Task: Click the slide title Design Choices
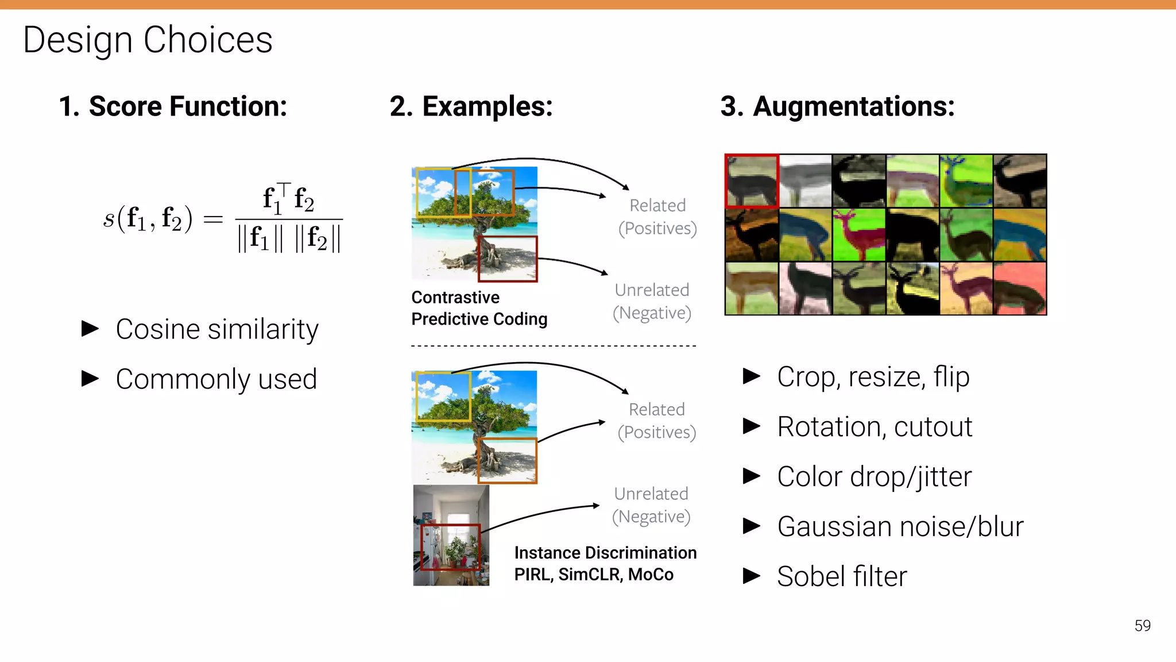[148, 40]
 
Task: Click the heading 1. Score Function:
[173, 106]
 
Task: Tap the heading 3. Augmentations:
[837, 106]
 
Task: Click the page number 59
[1142, 625]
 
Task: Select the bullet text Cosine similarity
[216, 329]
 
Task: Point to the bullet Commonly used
[216, 379]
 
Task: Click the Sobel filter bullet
[841, 576]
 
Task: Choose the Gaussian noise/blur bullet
[900, 526]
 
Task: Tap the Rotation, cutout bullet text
[874, 427]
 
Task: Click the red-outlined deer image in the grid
[752, 180]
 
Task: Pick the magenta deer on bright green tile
[858, 234]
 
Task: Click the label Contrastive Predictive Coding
[478, 308]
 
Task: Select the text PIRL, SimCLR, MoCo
[593, 574]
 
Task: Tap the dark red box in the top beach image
[507, 259]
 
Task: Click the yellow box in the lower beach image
[443, 397]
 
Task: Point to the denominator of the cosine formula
[289, 238]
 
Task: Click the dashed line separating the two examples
[553, 346]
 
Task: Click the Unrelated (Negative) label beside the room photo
[651, 505]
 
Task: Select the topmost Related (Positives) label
[657, 217]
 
